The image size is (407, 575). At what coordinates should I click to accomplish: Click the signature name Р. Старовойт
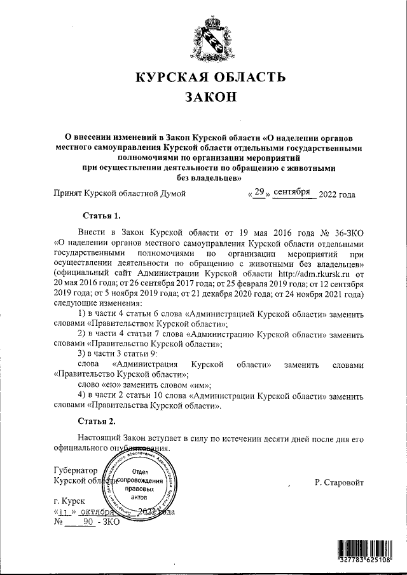pyautogui.click(x=339, y=482)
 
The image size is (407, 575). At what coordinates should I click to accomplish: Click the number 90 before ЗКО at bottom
pyautogui.click(x=88, y=522)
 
